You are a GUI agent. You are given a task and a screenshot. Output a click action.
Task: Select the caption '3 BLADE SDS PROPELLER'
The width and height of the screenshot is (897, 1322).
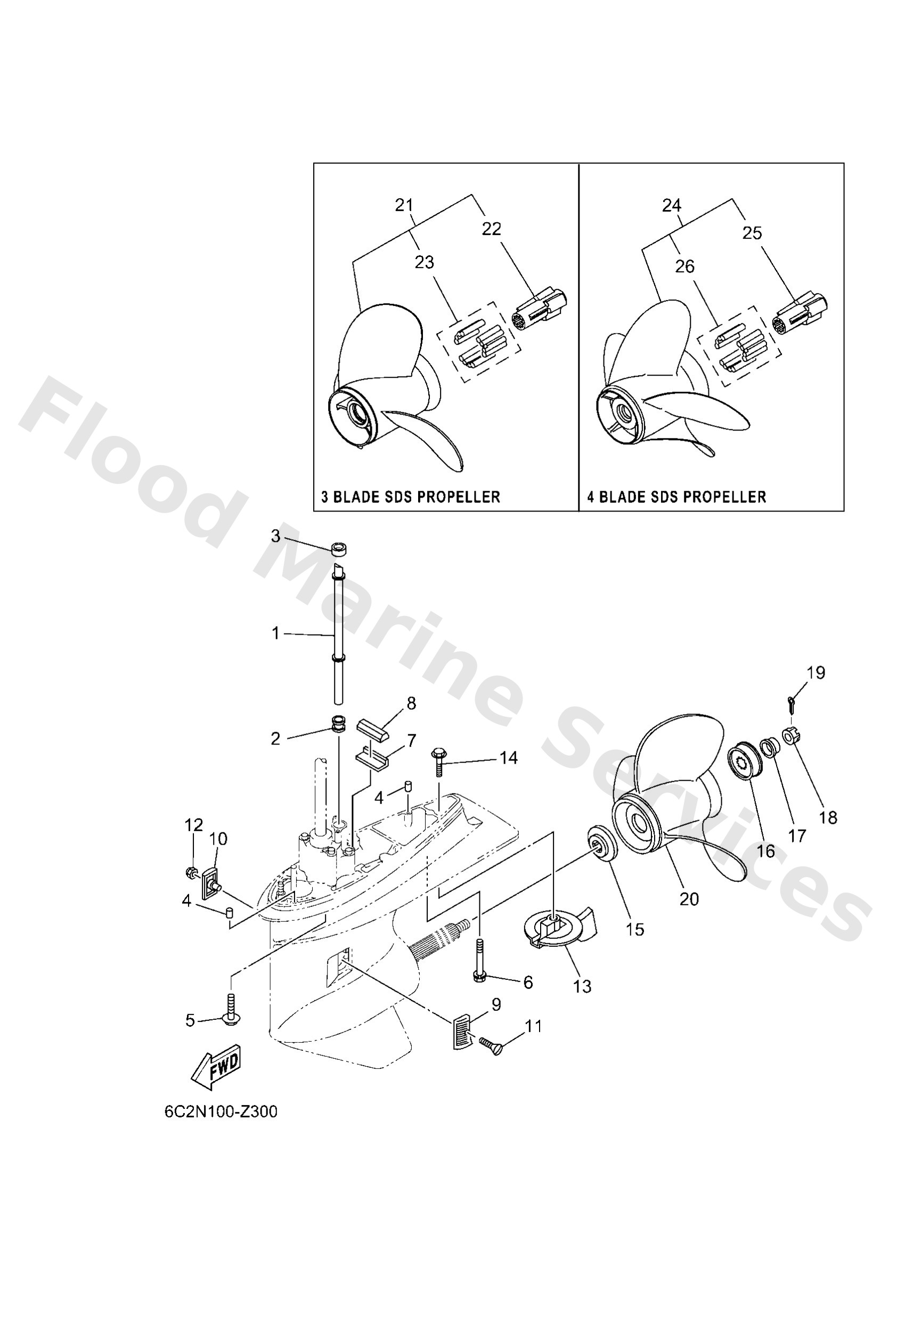[410, 497]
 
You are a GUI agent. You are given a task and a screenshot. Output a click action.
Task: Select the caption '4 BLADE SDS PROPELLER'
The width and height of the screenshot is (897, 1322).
[676, 497]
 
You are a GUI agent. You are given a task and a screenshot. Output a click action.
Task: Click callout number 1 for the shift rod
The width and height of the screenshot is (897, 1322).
[276, 633]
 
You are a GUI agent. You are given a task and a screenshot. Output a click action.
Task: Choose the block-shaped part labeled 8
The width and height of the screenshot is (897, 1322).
[372, 729]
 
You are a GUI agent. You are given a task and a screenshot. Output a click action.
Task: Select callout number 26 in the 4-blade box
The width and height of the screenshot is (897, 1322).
[685, 266]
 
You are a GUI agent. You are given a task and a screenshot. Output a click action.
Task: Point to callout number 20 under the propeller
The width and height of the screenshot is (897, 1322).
[689, 899]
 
